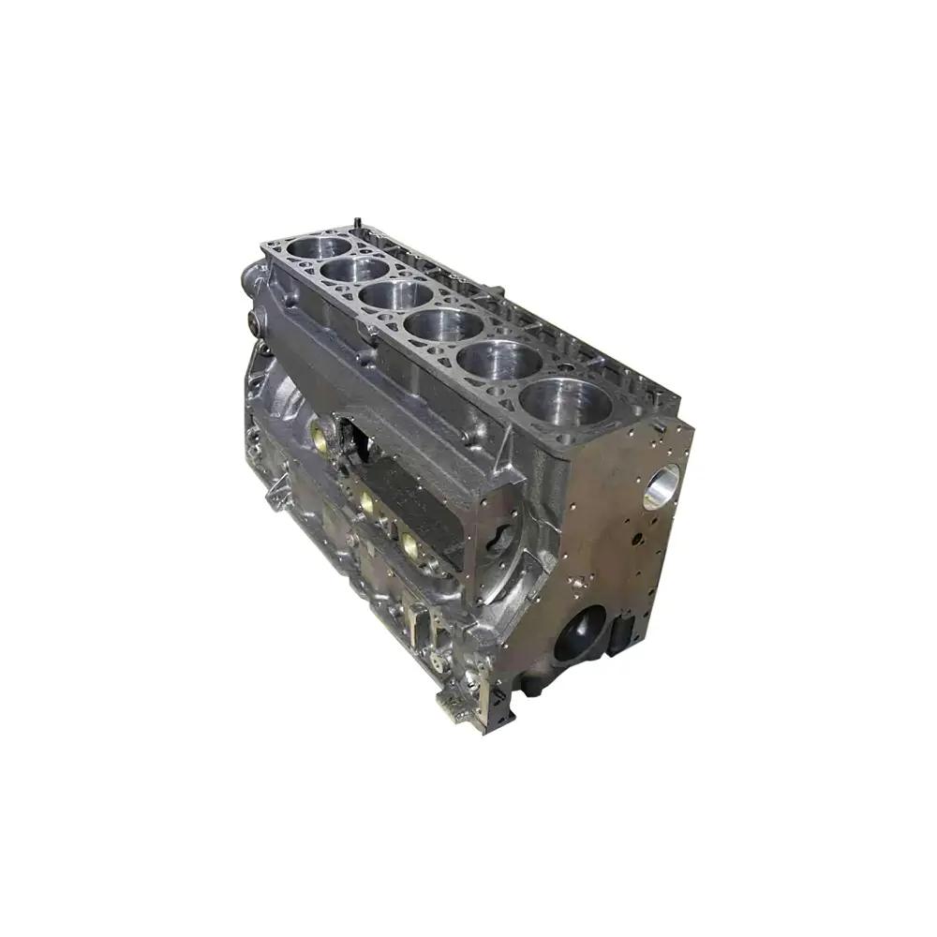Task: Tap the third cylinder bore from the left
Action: coord(383,298)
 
